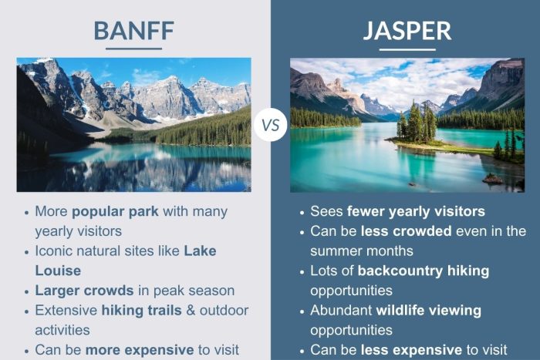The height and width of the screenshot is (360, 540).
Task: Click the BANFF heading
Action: click(x=133, y=30)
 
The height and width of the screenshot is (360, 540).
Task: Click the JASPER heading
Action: click(x=407, y=30)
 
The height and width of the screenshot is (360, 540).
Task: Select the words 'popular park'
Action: click(x=108, y=211)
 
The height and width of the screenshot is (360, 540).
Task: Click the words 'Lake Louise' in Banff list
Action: click(x=123, y=261)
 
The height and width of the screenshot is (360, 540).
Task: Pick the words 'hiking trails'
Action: click(x=140, y=311)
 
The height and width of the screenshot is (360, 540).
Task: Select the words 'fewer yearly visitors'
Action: click(x=416, y=211)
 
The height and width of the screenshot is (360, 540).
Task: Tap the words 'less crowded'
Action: click(x=396, y=231)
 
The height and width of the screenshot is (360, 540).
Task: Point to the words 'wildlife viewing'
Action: click(x=428, y=311)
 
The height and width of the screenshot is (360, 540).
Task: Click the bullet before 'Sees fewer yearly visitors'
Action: click(x=301, y=212)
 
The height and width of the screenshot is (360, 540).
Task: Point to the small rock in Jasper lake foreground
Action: click(x=491, y=179)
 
